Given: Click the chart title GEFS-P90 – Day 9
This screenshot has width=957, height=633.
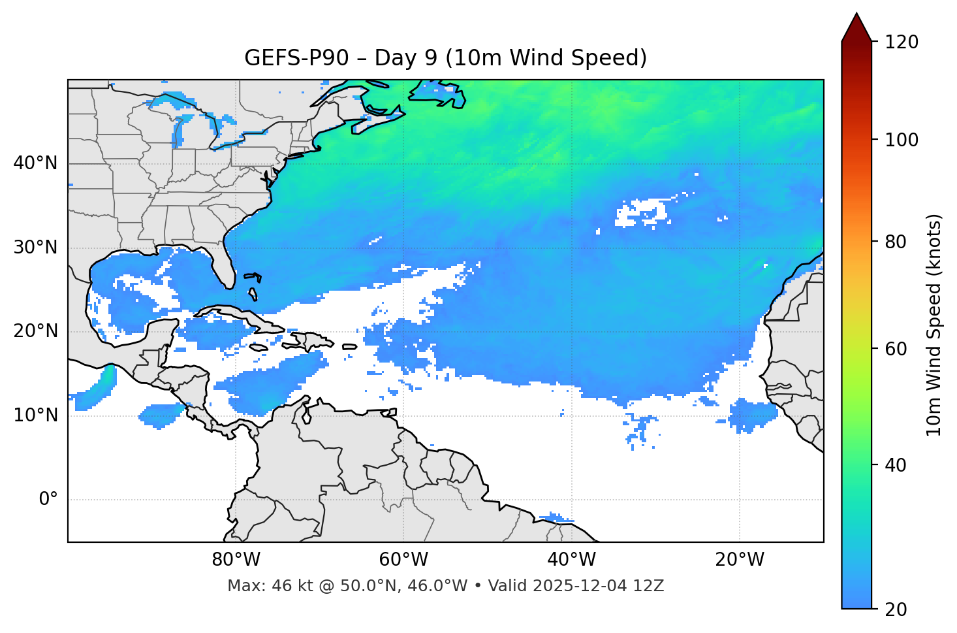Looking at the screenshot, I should point(445,58).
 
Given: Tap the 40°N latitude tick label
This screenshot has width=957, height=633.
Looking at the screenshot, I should point(35,163).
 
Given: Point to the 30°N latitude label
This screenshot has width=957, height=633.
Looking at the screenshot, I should point(35,248).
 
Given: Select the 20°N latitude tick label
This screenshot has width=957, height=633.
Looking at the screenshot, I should point(35,331).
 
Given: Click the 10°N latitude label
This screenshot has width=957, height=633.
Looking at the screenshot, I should point(35,415).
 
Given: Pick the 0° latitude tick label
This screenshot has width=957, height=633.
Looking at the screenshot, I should point(48,499).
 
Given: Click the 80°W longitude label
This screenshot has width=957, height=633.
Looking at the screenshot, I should point(236,560).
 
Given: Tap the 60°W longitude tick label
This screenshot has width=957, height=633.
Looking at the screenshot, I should point(403,560).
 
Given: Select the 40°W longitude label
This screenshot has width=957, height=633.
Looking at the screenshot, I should point(571,560).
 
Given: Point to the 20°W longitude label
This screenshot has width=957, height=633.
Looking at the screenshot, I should point(739,560).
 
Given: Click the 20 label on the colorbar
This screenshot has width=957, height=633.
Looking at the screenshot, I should point(896,609).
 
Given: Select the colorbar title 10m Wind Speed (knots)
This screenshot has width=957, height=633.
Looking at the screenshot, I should point(934,325).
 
